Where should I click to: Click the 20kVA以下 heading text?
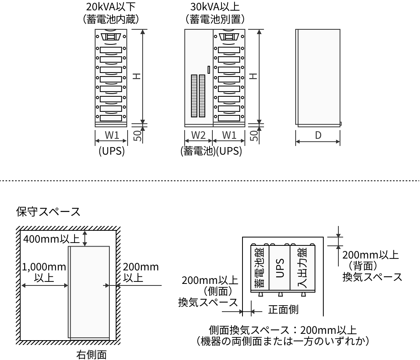coord(111,7)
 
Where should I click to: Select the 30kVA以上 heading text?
coord(215,7)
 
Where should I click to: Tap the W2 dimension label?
coord(198,135)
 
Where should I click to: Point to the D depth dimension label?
coord(318,135)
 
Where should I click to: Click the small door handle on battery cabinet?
coord(209,69)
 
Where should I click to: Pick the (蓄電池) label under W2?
coord(198,151)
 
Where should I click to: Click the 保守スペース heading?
coord(48,211)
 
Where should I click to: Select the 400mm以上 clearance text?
coord(52,239)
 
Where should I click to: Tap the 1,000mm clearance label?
coord(44,267)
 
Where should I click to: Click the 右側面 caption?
coord(92,354)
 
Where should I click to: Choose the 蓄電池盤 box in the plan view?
coord(260,268)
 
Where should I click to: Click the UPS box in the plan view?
coord(280,268)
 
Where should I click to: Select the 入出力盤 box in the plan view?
coord(303,268)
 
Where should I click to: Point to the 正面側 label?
coord(283,310)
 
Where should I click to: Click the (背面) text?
coord(363,266)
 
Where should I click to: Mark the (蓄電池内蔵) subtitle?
coord(111,19)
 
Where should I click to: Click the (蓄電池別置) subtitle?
coord(215,19)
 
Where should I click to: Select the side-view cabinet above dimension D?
coord(318,77)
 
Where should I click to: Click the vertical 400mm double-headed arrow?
coord(85,238)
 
